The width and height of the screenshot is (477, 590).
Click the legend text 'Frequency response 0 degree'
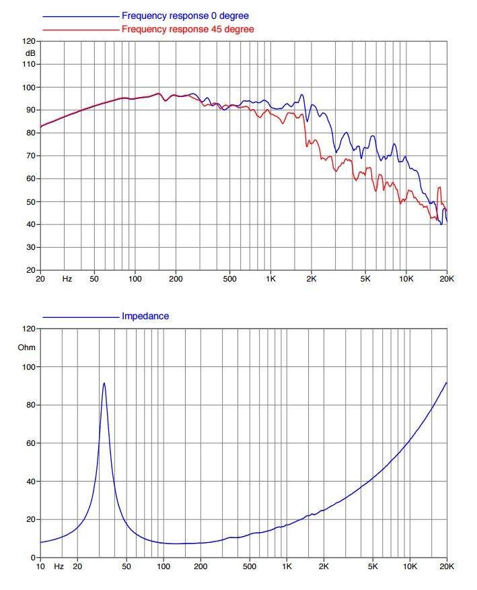coord(185,15)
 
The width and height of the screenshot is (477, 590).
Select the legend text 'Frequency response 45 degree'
coord(188,29)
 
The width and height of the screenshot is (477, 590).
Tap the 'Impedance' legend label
coord(145,316)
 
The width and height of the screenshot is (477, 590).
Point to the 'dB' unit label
coord(30,53)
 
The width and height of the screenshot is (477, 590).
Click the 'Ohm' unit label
coord(27,348)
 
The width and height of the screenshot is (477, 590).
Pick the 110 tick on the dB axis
coord(29,64)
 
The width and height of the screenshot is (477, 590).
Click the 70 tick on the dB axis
coord(31,156)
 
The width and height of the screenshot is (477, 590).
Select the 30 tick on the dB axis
coord(31,247)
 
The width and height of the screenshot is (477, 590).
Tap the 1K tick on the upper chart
coord(270,279)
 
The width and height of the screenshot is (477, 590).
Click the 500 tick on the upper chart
coord(229,279)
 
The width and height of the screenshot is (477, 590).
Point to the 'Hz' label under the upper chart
coord(67,279)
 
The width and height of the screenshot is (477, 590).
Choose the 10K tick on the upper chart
coord(406,279)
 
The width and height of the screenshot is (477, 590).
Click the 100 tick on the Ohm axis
coord(29,367)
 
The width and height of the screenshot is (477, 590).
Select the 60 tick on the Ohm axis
coord(31,443)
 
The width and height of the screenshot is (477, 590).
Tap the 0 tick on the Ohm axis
coord(33,558)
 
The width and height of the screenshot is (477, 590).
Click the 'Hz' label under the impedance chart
coord(59,566)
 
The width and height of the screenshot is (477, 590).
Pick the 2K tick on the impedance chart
coord(324,566)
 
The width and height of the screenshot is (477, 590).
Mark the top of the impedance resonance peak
coord(104,383)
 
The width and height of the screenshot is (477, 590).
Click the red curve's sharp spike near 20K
coord(439,187)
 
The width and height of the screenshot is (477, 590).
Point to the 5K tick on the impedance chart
coord(373,566)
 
